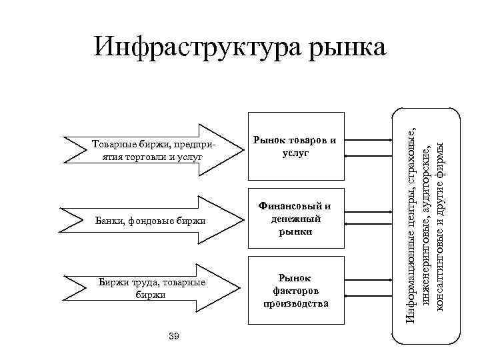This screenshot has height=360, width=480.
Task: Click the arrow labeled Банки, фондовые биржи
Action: point(150,219)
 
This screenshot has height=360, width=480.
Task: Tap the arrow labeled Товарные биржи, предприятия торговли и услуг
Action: point(150,149)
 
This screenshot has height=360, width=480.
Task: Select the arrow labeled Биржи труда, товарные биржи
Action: point(150,287)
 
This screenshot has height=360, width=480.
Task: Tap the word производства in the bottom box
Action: point(296,303)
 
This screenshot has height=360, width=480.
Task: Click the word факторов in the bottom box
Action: point(296,291)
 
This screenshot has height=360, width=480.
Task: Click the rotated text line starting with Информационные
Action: point(413,217)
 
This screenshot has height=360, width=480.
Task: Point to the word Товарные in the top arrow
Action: point(111,144)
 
